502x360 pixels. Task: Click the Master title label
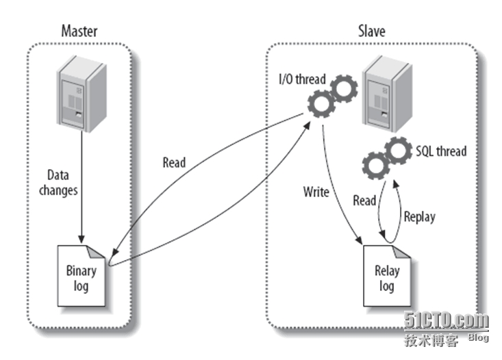(79, 31)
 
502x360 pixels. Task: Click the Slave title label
(372, 31)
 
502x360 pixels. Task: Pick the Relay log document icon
(387, 277)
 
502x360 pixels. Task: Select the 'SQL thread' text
(441, 150)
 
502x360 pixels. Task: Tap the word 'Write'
(316, 192)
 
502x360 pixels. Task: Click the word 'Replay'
(419, 217)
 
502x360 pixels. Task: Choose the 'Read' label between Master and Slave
(174, 163)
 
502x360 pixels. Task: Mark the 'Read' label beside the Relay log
(364, 201)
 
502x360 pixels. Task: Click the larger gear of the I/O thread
(321, 105)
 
